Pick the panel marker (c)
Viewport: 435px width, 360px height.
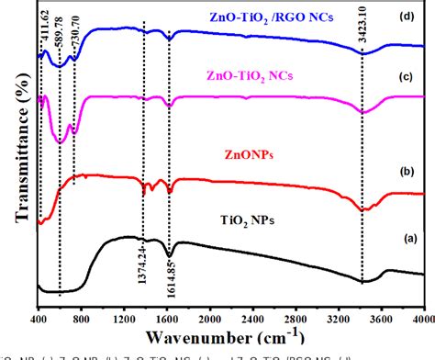[411, 74]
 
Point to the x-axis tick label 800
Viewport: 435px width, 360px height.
[82, 318]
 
